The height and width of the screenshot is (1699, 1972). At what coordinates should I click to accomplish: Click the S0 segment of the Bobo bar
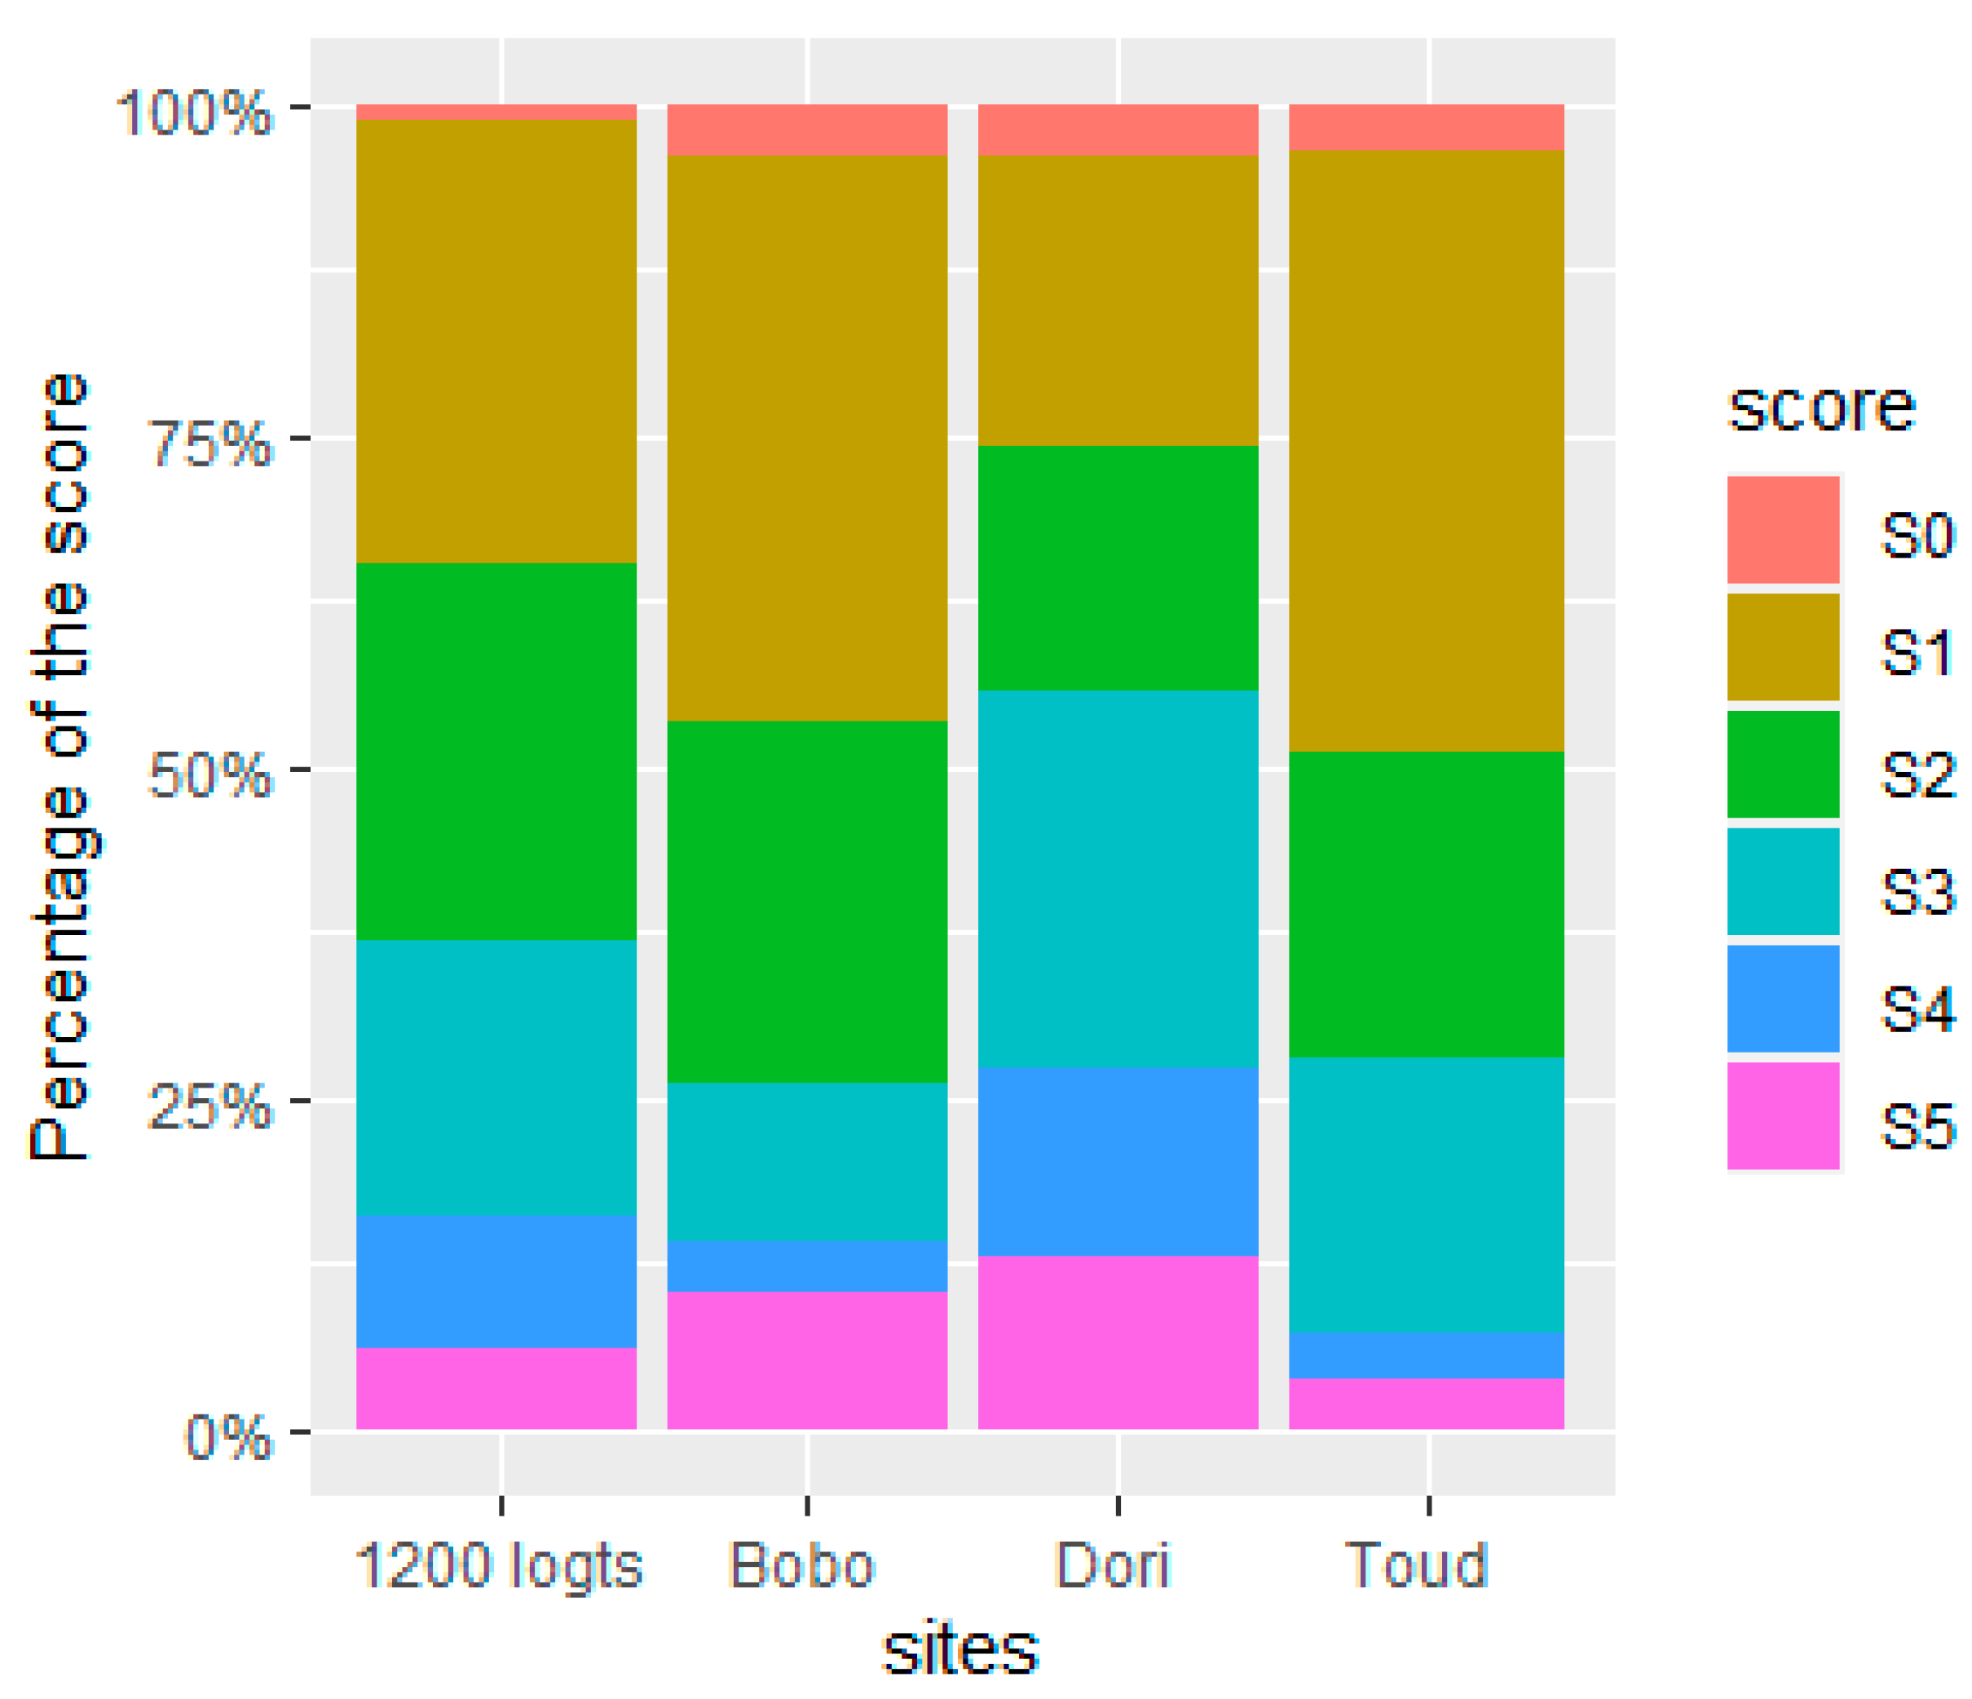pos(807,130)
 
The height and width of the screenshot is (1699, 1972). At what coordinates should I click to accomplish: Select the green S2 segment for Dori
pos(1118,568)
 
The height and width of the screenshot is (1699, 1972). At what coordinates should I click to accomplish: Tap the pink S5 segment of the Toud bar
pos(1426,1403)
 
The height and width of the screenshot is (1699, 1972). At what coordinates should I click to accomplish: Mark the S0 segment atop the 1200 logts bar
pos(496,112)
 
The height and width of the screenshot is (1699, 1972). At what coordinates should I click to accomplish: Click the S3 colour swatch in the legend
pos(1783,881)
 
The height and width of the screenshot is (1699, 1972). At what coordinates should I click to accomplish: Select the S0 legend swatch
pos(1783,529)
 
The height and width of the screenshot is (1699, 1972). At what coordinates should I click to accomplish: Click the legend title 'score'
pos(1820,408)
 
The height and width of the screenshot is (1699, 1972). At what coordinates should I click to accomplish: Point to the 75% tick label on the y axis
pos(210,443)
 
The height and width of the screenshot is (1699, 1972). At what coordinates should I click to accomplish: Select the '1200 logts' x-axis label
pos(499,1566)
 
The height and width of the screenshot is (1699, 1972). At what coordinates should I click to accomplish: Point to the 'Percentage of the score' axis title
pos(59,767)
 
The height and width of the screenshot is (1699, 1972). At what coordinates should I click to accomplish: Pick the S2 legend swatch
pos(1783,765)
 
